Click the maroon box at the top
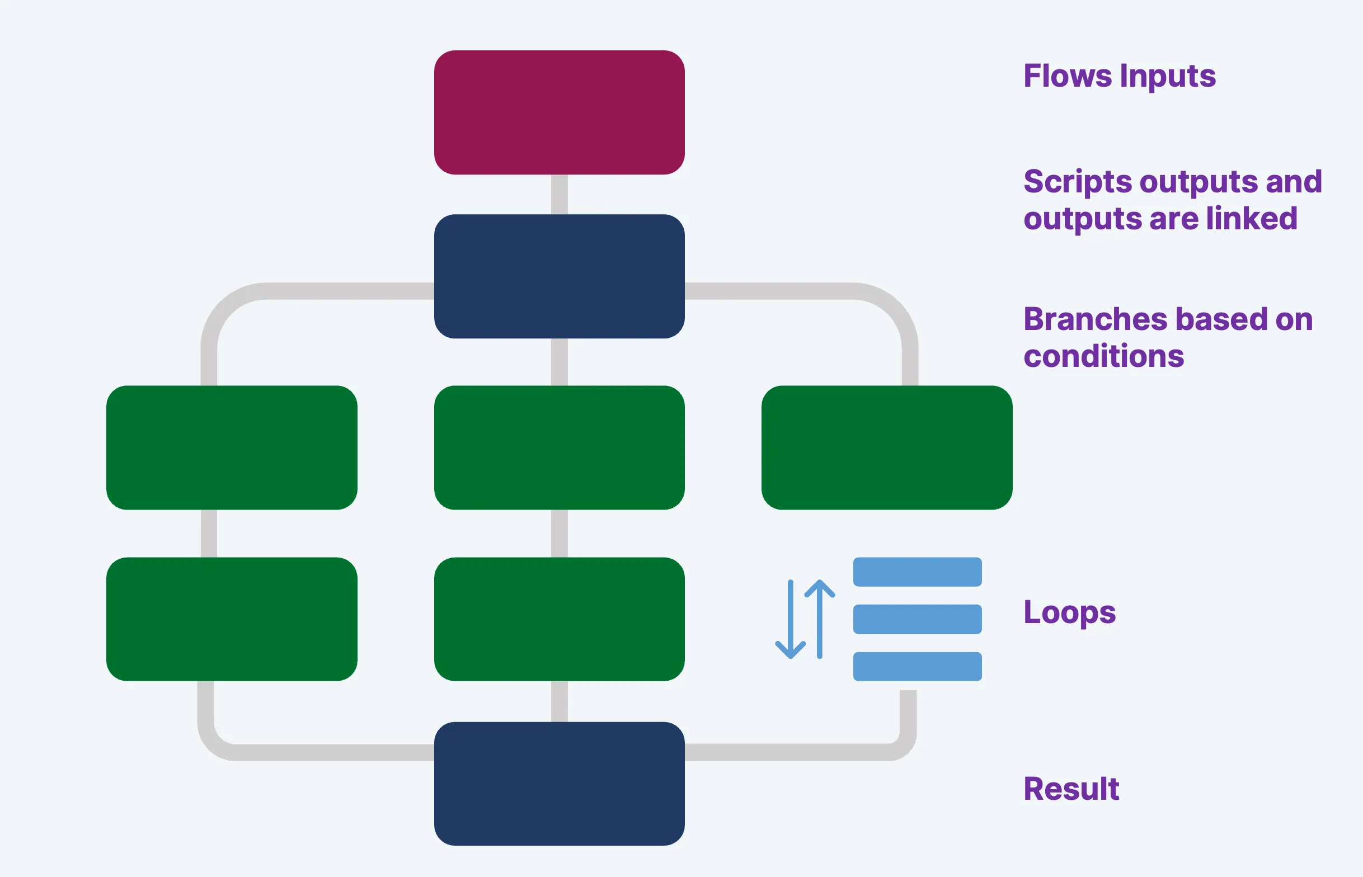pos(559,112)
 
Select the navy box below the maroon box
pos(559,276)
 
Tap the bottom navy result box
pos(559,784)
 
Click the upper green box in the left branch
pos(231,447)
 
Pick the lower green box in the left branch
pos(231,619)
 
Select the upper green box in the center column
pos(559,447)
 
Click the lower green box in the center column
pos(559,619)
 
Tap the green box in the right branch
pos(886,447)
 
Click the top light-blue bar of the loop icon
pos(917,572)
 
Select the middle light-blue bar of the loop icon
pos(917,619)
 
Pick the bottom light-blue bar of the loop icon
pos(917,666)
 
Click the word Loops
pos(1069,613)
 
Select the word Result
pos(1071,789)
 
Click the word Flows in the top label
pos(1067,76)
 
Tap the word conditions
pos(1103,356)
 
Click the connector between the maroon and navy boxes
pos(560,194)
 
